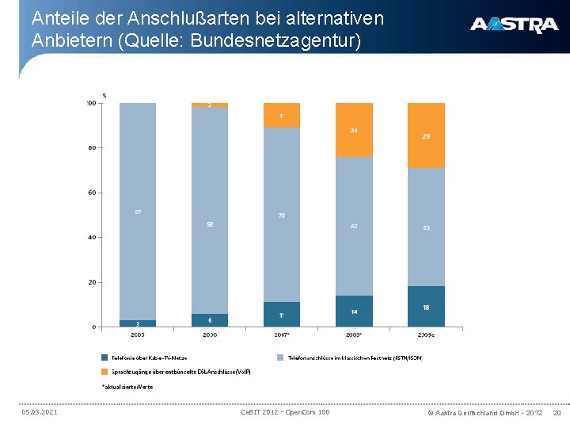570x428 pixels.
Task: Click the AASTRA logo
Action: tap(514, 25)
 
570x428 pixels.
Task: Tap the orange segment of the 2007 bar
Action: tap(281, 115)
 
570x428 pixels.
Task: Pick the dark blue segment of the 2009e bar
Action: tap(426, 306)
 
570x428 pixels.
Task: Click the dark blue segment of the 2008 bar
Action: tap(354, 311)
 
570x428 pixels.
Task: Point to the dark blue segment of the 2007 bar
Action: tap(281, 314)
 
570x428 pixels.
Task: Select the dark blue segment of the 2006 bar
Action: tap(209, 319)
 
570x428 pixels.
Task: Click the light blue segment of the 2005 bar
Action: tap(137, 212)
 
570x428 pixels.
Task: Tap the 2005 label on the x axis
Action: tap(137, 334)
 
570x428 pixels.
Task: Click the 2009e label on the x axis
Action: tap(426, 334)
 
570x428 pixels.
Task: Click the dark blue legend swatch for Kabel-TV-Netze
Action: tap(104, 357)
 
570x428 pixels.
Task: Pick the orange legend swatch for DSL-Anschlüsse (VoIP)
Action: tap(104, 371)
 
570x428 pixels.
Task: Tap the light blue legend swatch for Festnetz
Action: tap(280, 357)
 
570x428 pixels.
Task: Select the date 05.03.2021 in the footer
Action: tap(39, 411)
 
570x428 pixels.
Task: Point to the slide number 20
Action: tap(557, 412)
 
